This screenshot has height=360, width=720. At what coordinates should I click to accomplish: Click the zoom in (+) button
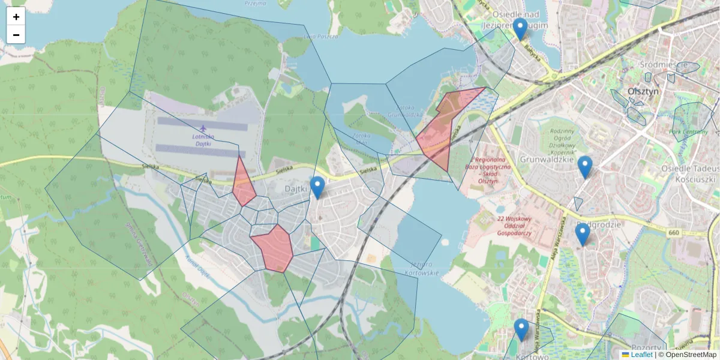[x=16, y=17]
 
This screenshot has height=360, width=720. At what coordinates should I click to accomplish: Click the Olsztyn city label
[x=643, y=91]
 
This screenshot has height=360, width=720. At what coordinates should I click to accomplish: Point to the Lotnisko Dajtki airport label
[x=203, y=140]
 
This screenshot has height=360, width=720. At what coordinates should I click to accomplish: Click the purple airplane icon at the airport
[x=203, y=128]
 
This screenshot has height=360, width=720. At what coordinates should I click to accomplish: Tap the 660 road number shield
[x=672, y=232]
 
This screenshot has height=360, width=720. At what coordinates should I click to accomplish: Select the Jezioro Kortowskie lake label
[x=425, y=268]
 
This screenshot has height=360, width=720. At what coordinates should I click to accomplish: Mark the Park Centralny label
[x=688, y=131]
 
